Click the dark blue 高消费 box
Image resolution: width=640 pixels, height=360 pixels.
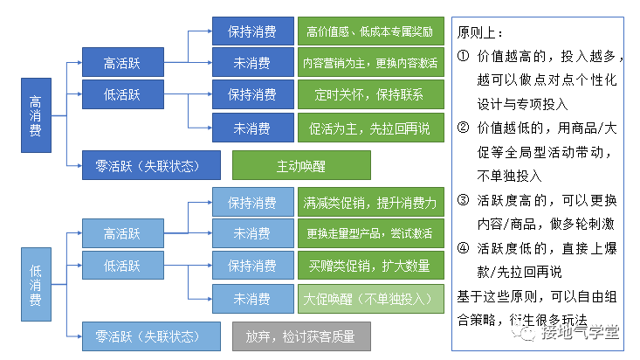36,115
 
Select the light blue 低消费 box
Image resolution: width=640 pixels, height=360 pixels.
36,284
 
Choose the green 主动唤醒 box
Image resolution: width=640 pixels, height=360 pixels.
301,164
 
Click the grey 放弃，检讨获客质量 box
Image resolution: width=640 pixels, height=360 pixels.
301,336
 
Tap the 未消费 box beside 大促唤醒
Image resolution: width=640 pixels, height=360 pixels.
252,298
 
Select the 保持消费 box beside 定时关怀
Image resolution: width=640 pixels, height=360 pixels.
252,94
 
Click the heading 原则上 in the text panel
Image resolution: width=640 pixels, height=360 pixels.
479,33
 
